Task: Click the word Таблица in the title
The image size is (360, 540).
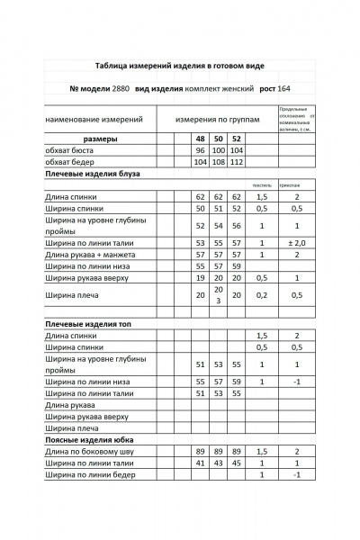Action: [113, 67]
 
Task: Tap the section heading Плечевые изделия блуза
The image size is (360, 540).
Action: [92, 174]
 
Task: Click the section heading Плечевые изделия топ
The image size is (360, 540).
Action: [88, 322]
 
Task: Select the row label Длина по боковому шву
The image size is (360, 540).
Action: [90, 452]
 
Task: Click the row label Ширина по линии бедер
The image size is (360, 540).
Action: [90, 474]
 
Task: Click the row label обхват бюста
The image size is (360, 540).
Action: [70, 151]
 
